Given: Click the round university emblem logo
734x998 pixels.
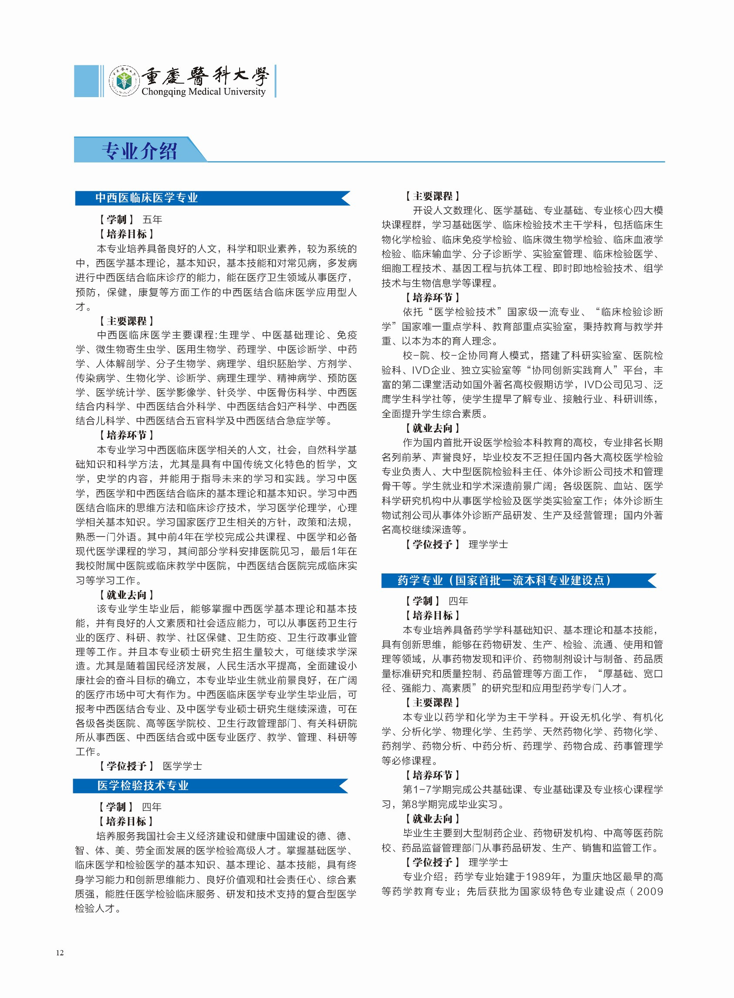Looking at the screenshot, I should click(124, 81).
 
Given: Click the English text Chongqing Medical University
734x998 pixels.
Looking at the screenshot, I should click(203, 91).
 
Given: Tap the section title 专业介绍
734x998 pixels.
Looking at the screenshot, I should click(139, 151).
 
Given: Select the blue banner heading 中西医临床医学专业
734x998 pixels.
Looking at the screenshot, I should click(147, 198).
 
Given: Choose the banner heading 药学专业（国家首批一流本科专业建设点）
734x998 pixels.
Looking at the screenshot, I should click(504, 580).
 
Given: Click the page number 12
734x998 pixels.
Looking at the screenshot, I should click(60, 952).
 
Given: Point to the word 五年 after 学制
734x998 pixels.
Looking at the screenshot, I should click(152, 219).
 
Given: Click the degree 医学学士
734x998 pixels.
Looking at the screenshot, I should click(183, 766).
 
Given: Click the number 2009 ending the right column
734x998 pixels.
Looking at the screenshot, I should click(649, 891).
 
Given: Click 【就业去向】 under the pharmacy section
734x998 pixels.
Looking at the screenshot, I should click(432, 819).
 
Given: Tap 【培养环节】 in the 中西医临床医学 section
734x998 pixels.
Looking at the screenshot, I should click(126, 435).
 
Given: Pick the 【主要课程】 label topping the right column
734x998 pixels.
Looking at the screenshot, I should click(432, 196).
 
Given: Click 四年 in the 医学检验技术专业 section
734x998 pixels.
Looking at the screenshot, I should click(152, 806).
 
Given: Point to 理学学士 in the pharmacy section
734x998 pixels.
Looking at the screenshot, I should click(488, 862).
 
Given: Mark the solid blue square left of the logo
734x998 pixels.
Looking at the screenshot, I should click(86, 81).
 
